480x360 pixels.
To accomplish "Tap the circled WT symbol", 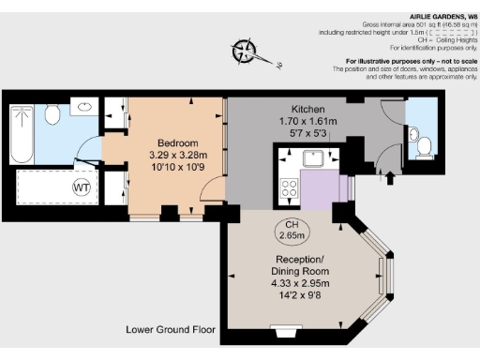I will tap(80, 187).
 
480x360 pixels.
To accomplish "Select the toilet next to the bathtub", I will tap(52, 115).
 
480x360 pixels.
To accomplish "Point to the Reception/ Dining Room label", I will tap(299, 264).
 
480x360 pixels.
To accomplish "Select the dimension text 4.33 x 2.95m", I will tap(299, 282).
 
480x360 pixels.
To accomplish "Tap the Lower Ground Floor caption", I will tap(172, 330).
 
